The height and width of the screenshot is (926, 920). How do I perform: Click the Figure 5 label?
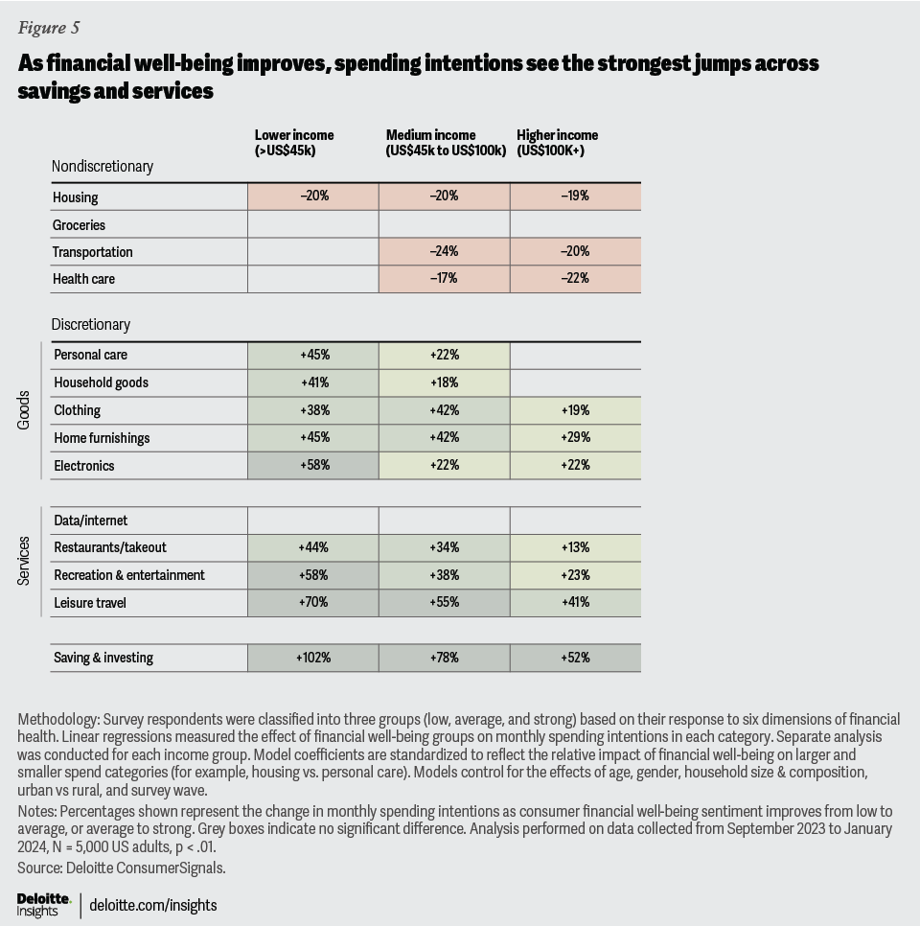48,27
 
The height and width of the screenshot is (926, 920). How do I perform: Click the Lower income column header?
294,142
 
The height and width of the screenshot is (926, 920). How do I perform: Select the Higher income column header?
557,142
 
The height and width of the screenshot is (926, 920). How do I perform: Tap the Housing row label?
77,197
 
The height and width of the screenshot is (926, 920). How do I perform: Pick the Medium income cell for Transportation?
445,251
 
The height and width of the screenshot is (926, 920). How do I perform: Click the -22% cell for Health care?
576,278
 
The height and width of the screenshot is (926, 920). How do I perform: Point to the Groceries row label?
80,224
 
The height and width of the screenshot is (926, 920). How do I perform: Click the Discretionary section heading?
91,324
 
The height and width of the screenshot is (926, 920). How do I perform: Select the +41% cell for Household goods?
314,382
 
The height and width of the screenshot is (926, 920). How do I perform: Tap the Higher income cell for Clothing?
576,410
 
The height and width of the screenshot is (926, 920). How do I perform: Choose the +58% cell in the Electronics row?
314,465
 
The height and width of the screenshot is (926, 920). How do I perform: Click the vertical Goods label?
25,409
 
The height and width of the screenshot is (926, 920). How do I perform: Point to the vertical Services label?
25,561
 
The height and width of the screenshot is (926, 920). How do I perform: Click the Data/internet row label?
91,521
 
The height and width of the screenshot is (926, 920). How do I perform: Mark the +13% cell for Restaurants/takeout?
576,547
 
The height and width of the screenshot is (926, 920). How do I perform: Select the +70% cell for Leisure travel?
314,603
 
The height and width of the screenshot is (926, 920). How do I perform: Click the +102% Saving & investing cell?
314,658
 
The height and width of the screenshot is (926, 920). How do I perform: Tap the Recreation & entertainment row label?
129,575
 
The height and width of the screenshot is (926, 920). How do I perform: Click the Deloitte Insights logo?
44,904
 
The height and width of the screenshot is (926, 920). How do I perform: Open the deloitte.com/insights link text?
153,905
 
